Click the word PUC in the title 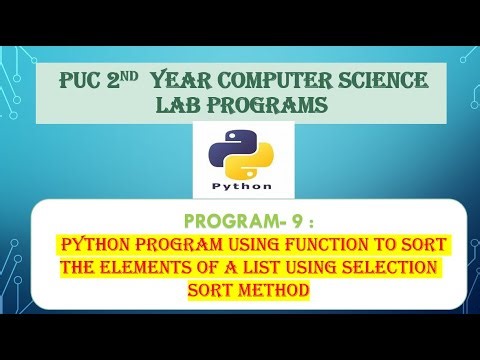pyautogui.click(x=93, y=81)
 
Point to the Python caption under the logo pyautogui.click(x=241, y=185)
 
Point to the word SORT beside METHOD pyautogui.click(x=210, y=289)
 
